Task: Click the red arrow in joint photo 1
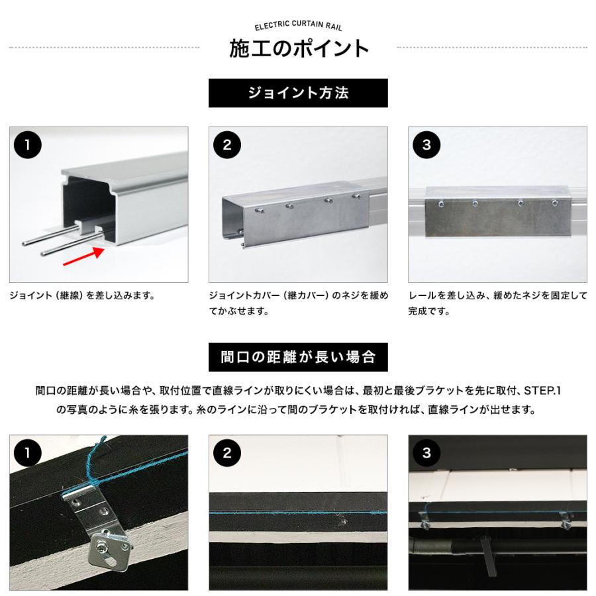coord(83,256)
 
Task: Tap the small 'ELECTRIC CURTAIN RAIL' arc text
coord(298,25)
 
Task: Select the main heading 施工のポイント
coord(299,48)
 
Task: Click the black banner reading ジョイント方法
coord(298,93)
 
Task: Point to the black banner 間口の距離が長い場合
coord(298,358)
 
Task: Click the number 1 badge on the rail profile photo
coord(27,145)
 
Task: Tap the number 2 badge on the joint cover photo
coord(227,145)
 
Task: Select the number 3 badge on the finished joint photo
coord(426,145)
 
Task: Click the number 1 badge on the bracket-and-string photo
coord(27,453)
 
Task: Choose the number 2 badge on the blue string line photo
coord(227,453)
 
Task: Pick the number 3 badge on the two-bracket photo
coord(426,453)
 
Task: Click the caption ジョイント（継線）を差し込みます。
coord(82,295)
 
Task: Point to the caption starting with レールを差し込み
coord(497,303)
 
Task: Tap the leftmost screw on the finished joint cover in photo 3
coord(441,204)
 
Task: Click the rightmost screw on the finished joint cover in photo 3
coord(555,203)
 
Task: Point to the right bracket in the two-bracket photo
coord(566,520)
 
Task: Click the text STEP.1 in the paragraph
coord(542,391)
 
